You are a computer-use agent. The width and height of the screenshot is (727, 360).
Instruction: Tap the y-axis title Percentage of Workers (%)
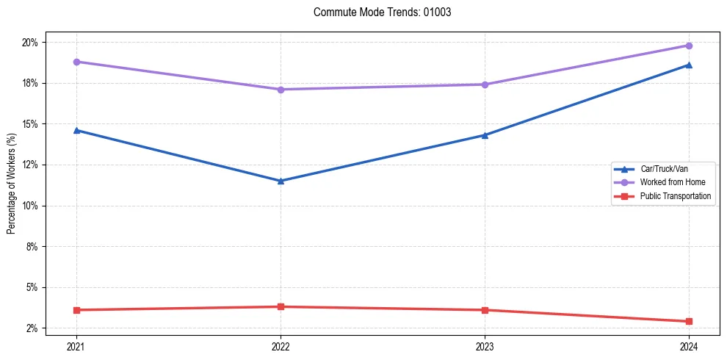coord(11,184)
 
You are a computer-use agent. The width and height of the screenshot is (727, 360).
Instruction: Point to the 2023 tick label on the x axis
coord(485,346)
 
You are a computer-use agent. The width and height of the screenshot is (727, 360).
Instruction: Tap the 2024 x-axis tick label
coord(689,346)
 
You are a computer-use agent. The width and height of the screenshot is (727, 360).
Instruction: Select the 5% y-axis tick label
coord(32,287)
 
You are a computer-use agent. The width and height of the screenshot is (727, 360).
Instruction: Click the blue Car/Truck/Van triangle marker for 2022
coord(281,181)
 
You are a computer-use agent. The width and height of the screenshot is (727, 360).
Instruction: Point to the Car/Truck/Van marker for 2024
coord(689,65)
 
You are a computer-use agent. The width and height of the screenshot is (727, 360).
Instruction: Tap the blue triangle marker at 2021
coord(76,130)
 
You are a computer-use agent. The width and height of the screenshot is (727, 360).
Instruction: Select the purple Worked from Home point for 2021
coord(76,62)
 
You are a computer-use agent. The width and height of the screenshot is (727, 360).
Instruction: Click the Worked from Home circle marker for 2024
coord(689,46)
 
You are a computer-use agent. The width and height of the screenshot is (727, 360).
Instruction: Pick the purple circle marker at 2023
coord(485,84)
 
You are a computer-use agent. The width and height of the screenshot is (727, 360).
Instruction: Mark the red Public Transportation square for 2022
coord(281,306)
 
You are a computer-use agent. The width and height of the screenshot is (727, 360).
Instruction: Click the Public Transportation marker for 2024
coord(689,321)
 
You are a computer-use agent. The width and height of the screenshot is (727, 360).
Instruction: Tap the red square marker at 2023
coord(485,310)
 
